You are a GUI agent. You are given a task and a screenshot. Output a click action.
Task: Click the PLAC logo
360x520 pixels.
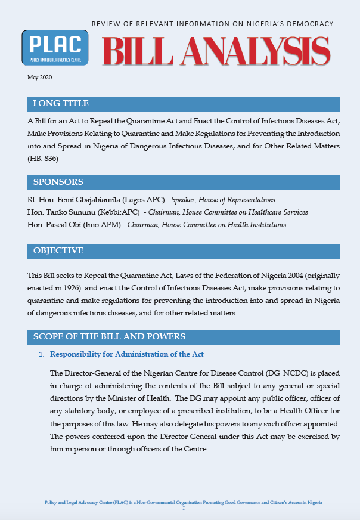55,48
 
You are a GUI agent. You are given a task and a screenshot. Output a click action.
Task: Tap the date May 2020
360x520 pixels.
39,78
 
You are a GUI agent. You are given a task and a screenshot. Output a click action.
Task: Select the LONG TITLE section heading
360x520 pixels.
61,104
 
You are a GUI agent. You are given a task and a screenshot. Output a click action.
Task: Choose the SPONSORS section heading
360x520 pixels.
58,182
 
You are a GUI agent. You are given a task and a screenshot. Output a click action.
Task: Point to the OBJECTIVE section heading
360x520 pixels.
58,250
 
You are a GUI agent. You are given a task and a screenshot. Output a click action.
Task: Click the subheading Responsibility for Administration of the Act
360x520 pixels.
127,354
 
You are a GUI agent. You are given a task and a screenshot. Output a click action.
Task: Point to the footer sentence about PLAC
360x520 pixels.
184,503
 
